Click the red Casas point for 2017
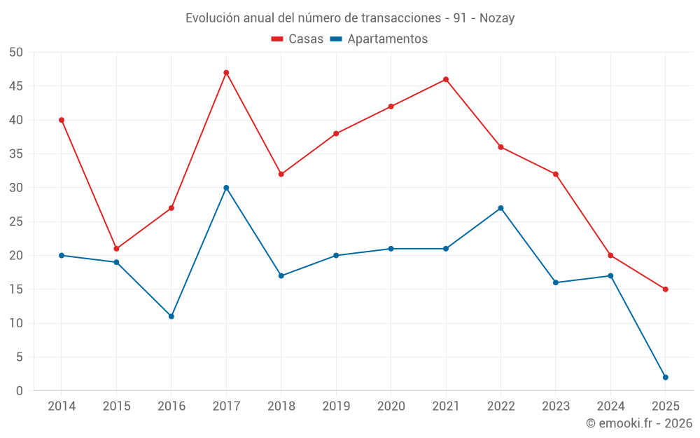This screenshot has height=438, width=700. (x=226, y=73)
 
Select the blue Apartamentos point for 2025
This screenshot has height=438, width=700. (x=665, y=377)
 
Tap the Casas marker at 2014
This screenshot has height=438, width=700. (x=62, y=120)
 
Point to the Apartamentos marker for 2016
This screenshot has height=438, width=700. (x=171, y=316)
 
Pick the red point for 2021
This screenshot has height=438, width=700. (x=446, y=79)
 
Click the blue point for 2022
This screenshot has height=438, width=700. (x=500, y=208)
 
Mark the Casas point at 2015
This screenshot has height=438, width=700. (x=116, y=249)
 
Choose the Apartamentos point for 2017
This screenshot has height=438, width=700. (x=226, y=188)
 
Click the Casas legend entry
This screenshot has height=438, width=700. (x=297, y=39)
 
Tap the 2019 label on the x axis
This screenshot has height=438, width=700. (x=336, y=406)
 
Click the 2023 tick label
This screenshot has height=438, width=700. (x=556, y=406)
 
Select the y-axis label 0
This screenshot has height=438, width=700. (x=20, y=391)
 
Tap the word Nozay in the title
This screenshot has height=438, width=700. (x=497, y=18)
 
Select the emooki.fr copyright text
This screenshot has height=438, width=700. (x=639, y=423)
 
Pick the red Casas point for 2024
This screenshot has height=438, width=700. (x=610, y=255)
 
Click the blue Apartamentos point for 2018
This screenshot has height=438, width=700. (x=281, y=275)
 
